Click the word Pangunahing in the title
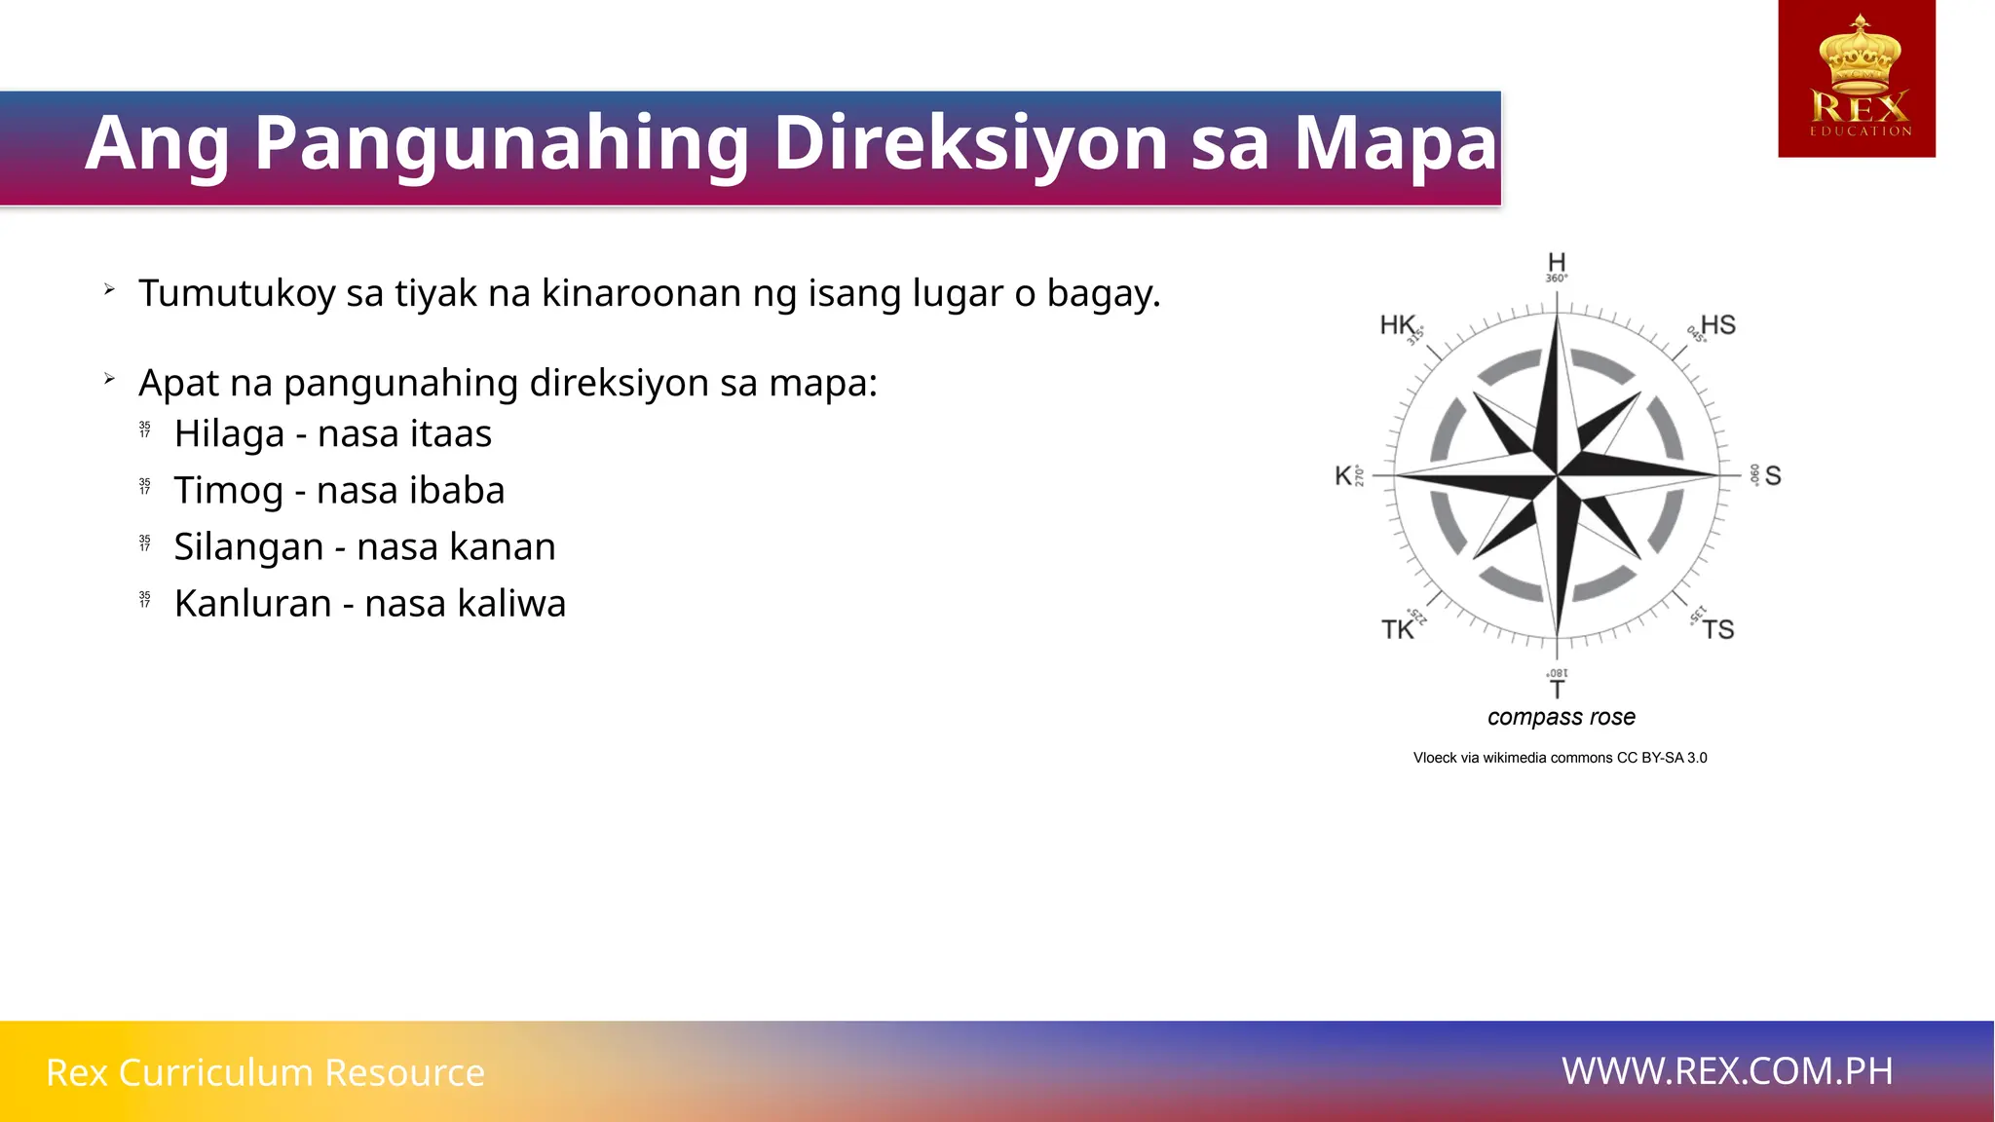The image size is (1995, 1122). point(500,144)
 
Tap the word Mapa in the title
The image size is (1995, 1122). point(1395,142)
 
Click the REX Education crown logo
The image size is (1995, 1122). point(1857,79)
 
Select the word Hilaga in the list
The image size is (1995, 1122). point(229,433)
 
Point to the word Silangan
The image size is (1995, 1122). point(248,547)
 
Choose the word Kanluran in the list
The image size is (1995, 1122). point(253,604)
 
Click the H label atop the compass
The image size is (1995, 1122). point(1557,262)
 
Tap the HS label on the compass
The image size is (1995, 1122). point(1718,324)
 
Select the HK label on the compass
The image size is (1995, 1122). point(1397,324)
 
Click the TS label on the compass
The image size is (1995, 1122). point(1718,629)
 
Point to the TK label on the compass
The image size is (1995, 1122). point(1397,629)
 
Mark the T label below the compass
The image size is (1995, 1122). point(1558,690)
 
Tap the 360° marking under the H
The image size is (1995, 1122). point(1557,279)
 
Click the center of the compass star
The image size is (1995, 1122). point(1557,475)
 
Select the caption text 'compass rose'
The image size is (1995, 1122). point(1562,717)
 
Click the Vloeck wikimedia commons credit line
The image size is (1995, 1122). point(1560,758)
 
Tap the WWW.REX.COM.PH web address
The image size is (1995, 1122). point(1727,1071)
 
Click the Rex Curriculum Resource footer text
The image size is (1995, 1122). point(265,1072)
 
